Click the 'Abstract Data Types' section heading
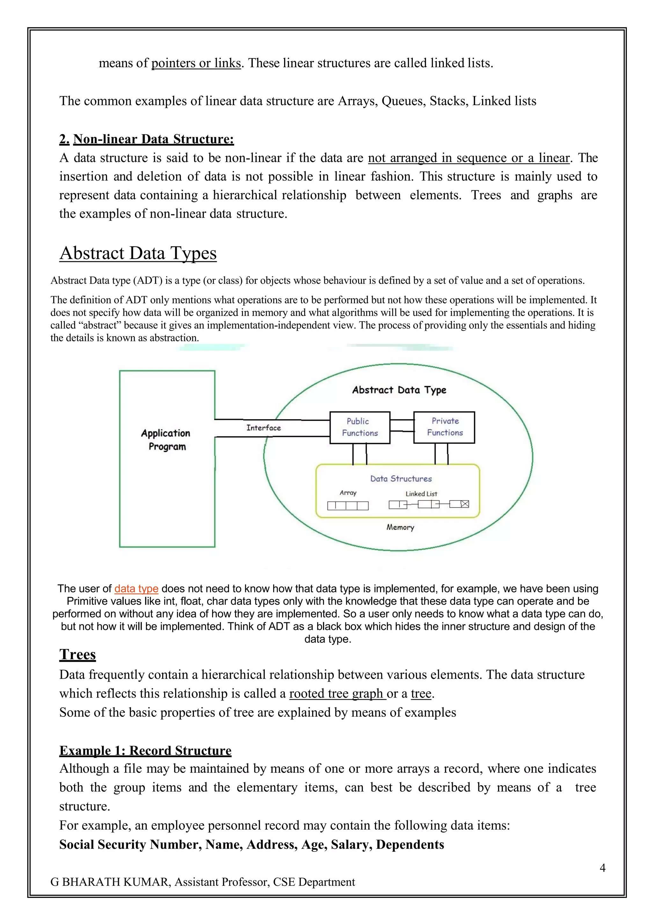pos(138,253)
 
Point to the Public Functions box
pos(360,427)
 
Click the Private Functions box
pos(444,427)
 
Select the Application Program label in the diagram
pos(166,440)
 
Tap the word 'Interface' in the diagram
pos(264,428)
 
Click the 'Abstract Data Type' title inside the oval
pos(399,390)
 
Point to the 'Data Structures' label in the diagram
pos(401,478)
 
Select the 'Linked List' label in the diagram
pos(421,494)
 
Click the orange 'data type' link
pos(136,588)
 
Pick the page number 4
pos(602,868)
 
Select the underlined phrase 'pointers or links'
pos(196,63)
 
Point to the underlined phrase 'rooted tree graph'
pos(337,693)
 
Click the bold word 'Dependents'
pos(410,844)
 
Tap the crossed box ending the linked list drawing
pos(465,504)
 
